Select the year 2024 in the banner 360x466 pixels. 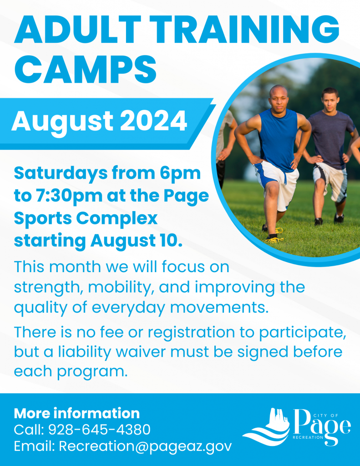tap(153, 121)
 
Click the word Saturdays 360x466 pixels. tap(56, 173)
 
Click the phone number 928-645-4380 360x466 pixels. tap(99, 430)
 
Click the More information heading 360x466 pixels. tap(77, 413)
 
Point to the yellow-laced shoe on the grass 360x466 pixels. tap(274, 238)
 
